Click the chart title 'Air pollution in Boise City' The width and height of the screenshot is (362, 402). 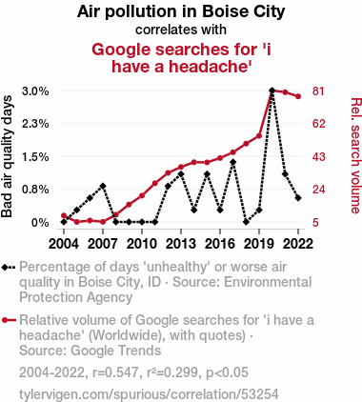(x=181, y=11)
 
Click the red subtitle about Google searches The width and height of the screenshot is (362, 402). (x=181, y=58)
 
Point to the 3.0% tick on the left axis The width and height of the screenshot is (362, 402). (x=35, y=91)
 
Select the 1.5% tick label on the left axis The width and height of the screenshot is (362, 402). (x=35, y=157)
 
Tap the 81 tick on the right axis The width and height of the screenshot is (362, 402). (x=318, y=91)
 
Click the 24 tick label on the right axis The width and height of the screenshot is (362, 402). (x=318, y=190)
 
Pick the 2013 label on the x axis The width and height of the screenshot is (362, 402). (x=181, y=244)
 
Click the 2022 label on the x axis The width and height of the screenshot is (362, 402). (x=298, y=244)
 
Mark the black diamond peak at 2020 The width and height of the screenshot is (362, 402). (x=271, y=90)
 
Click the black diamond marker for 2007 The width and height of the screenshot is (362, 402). (x=103, y=186)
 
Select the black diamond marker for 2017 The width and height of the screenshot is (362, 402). (x=232, y=162)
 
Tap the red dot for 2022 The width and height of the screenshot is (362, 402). (x=298, y=96)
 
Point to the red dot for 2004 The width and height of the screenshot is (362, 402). (x=64, y=215)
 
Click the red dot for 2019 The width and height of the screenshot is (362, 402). (x=259, y=136)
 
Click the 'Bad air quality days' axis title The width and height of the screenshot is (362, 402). (x=7, y=156)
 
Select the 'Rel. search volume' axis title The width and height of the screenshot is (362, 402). (x=355, y=155)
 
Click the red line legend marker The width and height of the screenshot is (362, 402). (x=9, y=320)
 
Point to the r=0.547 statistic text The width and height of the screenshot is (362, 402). (x=115, y=372)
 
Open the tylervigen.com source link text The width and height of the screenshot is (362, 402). (x=149, y=394)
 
